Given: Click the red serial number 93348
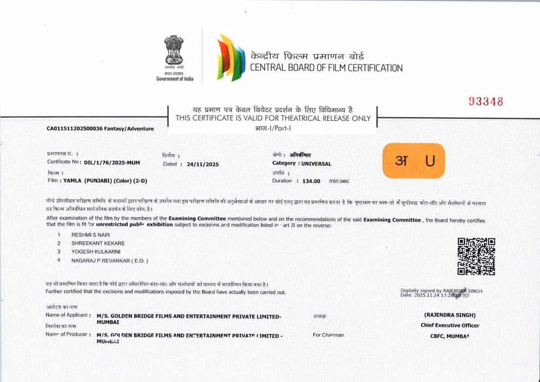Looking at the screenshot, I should (x=485, y=102).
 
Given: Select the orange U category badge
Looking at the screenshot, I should (x=414, y=160).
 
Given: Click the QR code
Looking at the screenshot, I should (x=476, y=257).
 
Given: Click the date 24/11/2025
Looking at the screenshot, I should (x=202, y=164).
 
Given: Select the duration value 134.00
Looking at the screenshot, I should (x=311, y=182).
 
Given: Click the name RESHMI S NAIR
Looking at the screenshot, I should (x=91, y=235).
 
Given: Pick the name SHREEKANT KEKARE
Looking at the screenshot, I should (x=99, y=244).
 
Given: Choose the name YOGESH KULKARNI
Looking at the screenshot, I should (x=96, y=252).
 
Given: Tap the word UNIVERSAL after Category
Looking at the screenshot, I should (x=316, y=163).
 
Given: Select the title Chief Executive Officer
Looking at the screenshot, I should (x=450, y=325).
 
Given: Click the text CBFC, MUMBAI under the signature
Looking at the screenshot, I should (x=450, y=336).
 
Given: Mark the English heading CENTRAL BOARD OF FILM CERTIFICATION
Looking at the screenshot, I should (x=326, y=68).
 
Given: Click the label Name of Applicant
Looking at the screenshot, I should (x=69, y=314).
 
